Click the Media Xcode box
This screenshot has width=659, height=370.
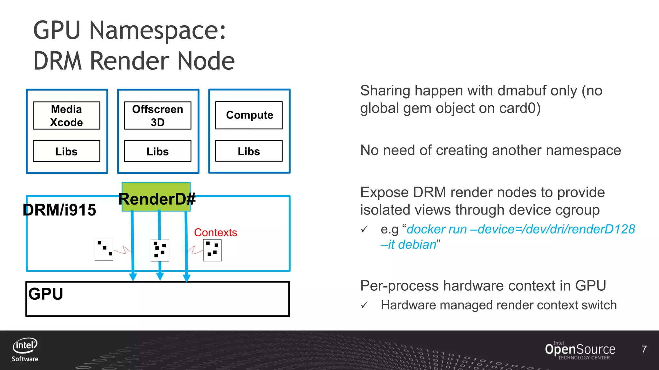point(67,116)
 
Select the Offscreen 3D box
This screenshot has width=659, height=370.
point(158,116)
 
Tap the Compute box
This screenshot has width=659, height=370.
point(249,115)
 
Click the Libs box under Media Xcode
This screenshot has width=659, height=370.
point(67,151)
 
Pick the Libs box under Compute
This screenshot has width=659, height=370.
point(249,151)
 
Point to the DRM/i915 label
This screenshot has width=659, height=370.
point(60,210)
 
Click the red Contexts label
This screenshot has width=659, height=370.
point(216,232)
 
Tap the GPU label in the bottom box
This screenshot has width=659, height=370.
point(46,294)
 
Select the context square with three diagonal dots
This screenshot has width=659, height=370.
point(104,250)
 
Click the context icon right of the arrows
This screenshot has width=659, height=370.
point(212,250)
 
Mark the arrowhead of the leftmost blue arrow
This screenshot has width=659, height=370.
point(133,277)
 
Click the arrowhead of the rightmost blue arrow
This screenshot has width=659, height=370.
point(187,278)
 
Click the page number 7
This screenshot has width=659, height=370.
point(644,349)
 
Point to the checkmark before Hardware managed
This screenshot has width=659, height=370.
point(364,305)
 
